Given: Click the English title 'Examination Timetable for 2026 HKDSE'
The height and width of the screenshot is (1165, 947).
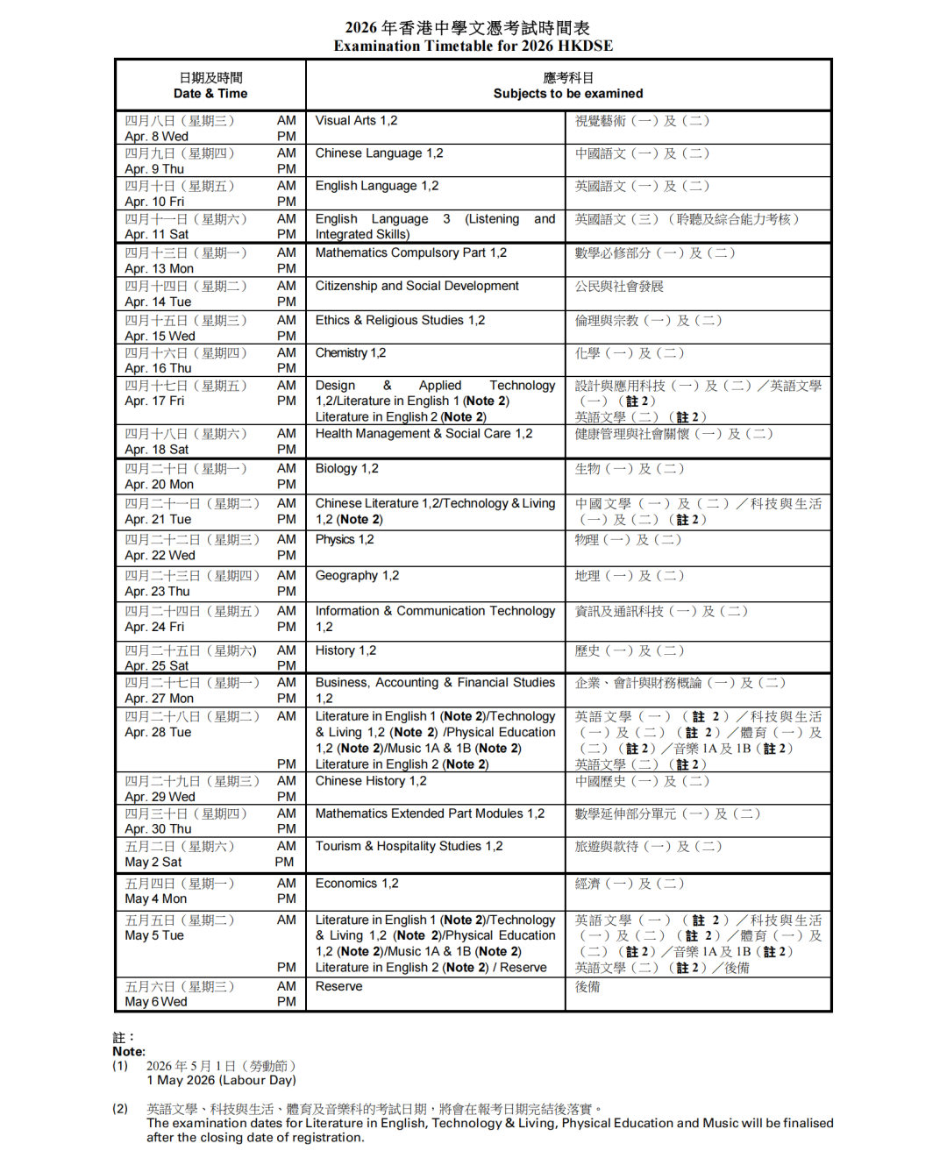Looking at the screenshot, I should pos(473,46).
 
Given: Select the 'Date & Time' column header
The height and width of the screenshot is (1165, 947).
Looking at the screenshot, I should pos(210,94).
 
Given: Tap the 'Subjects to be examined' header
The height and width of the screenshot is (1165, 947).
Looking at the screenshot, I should pos(567,94).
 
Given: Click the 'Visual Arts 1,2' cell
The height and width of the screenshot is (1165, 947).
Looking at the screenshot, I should pos(356,121).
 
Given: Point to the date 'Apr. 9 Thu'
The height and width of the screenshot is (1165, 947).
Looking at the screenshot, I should pos(154,169).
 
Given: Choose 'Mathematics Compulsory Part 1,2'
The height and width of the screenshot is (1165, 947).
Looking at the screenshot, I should pos(410,253).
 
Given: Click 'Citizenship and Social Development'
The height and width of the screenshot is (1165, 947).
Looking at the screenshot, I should pos(417,287).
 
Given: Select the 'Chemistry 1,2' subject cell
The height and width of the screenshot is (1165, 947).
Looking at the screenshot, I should pos(350,353).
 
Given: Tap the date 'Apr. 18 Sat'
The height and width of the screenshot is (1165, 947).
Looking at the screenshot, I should pos(156,450).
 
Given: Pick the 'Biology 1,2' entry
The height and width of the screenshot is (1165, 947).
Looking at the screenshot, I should pos(346,469).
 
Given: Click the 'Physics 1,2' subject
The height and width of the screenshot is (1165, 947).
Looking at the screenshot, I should pos(344,540).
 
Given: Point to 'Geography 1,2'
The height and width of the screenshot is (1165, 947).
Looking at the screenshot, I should pos(357,576).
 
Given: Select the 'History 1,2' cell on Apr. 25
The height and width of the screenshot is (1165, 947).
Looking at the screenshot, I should pos(345,650).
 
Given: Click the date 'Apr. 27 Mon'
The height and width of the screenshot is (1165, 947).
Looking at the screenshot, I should pos(159,699).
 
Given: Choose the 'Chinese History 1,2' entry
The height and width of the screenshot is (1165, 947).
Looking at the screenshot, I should pos(371,781).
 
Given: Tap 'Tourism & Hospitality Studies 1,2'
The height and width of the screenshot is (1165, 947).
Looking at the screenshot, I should pos(409,847).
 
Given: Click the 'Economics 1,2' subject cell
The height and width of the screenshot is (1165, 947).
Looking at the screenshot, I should pos(357,884).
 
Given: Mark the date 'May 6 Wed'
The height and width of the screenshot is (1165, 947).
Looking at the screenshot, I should pos(156,1002).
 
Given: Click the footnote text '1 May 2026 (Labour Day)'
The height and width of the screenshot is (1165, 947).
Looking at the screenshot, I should pos(221,1080).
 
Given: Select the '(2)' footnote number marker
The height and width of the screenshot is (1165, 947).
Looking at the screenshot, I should pos(120,1109).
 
